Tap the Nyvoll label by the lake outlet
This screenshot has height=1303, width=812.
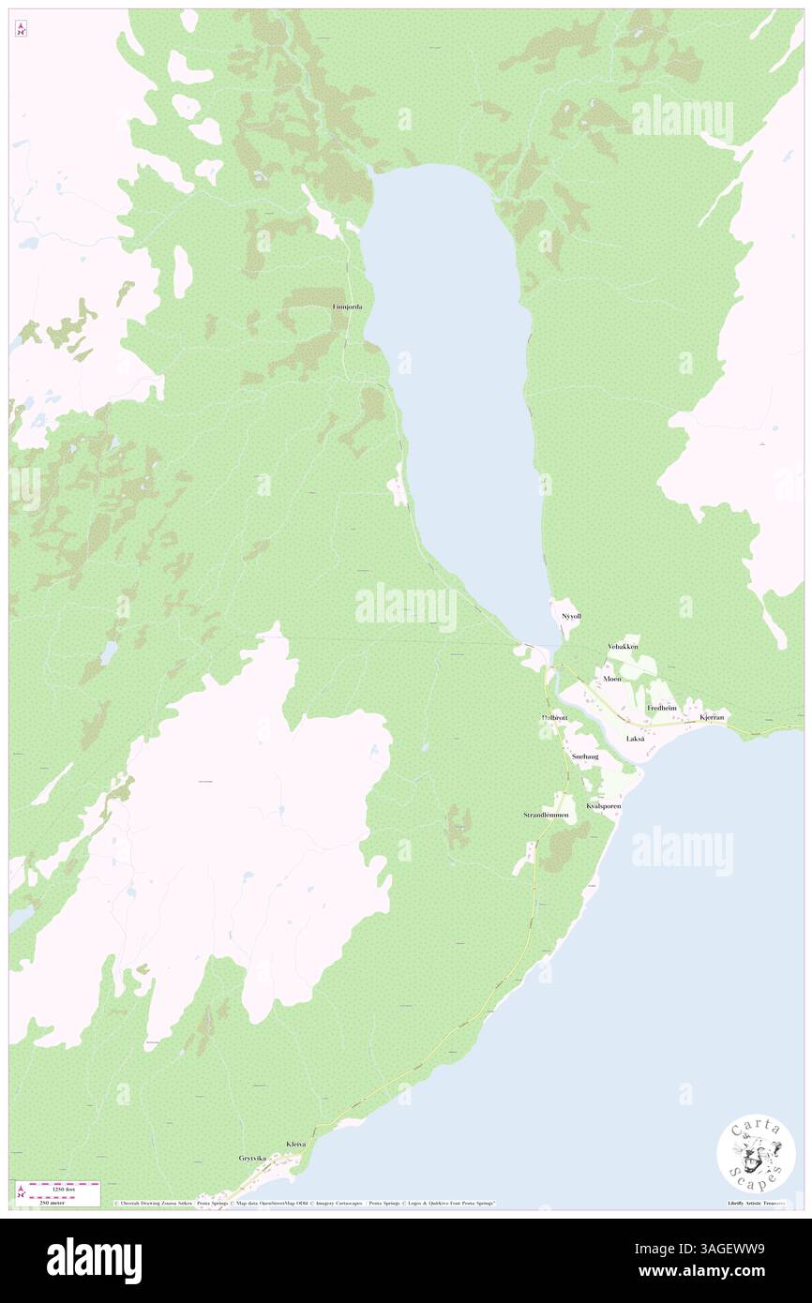click(x=571, y=616)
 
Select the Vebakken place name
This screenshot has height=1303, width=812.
click(x=623, y=647)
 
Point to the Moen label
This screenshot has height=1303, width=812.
click(x=612, y=678)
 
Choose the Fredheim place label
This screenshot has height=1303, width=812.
click(x=661, y=708)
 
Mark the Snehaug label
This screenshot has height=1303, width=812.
click(x=584, y=755)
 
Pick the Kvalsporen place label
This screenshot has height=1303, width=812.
click(x=603, y=805)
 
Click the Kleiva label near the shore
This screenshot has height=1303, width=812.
click(x=295, y=1145)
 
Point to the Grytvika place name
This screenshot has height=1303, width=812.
click(x=252, y=1159)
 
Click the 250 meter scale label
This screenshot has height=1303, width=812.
click(x=65, y=1200)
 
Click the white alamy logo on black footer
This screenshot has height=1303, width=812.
click(x=94, y=1260)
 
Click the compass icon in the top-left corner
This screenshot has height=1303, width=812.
click(x=21, y=29)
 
